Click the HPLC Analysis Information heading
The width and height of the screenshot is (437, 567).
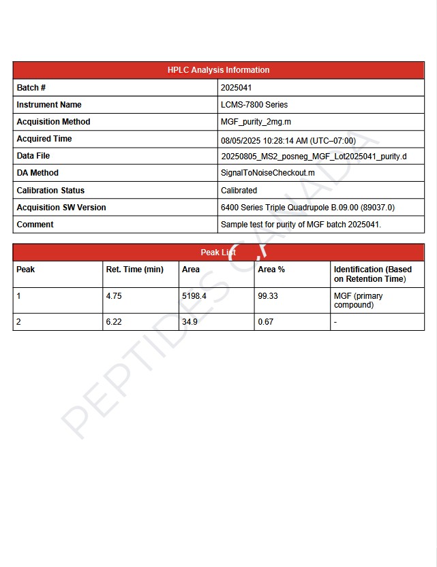pyautogui.click(x=218, y=70)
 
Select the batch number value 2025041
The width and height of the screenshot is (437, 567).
pyautogui.click(x=237, y=88)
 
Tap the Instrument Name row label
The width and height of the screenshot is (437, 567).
pyautogui.click(x=49, y=105)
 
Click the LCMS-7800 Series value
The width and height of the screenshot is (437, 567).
pyautogui.click(x=254, y=105)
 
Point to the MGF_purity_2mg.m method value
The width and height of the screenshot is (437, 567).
pyautogui.click(x=256, y=122)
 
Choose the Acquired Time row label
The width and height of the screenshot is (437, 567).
pyautogui.click(x=44, y=139)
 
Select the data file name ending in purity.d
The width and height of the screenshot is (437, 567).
pyautogui.click(x=314, y=157)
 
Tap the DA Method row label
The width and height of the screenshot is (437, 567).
pyautogui.click(x=37, y=173)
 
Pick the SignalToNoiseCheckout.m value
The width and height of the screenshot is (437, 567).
pyautogui.click(x=267, y=173)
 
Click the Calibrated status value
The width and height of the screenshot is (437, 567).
pyautogui.click(x=239, y=191)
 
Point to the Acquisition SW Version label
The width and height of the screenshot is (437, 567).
pyautogui.click(x=61, y=208)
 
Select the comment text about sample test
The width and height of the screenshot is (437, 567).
pyautogui.click(x=301, y=225)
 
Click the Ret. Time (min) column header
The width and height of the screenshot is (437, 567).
pyautogui.click(x=135, y=270)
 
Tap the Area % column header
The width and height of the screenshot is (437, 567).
pyautogui.click(x=271, y=270)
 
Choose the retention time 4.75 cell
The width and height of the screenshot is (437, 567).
pyautogui.click(x=114, y=296)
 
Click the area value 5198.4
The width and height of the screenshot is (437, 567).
pyautogui.click(x=194, y=296)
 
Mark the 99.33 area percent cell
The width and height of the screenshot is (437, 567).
pyautogui.click(x=268, y=296)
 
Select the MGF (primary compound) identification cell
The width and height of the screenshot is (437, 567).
pyautogui.click(x=359, y=300)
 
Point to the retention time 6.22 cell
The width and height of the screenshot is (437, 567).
pyautogui.click(x=114, y=322)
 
